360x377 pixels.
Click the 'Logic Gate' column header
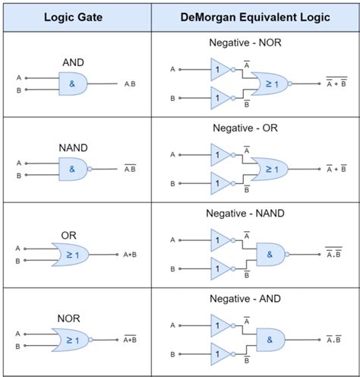coord(73,17)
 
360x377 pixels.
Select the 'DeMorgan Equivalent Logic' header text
coord(255,17)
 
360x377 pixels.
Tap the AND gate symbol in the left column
coord(73,84)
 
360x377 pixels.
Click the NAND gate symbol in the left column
coord(73,169)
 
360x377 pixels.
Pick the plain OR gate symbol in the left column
coord(71,255)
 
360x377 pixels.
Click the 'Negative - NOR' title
coord(245,43)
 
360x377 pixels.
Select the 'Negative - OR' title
coord(245,128)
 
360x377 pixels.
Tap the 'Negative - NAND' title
coord(245,214)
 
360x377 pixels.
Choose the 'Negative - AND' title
coord(245,299)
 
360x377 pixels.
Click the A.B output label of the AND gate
coord(130,84)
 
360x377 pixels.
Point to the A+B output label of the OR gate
coord(130,255)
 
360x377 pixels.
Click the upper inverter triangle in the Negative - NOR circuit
coord(220,69)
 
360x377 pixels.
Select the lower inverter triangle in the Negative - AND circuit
coord(220,354)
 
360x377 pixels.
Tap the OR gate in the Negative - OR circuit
coord(270,169)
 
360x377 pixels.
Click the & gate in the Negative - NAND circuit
coord(270,255)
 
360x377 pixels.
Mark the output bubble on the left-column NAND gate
coord(90,169)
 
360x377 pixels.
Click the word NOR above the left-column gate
coord(68,318)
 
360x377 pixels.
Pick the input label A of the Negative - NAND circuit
coord(172,240)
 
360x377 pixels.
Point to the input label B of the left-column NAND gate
coord(19,176)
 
